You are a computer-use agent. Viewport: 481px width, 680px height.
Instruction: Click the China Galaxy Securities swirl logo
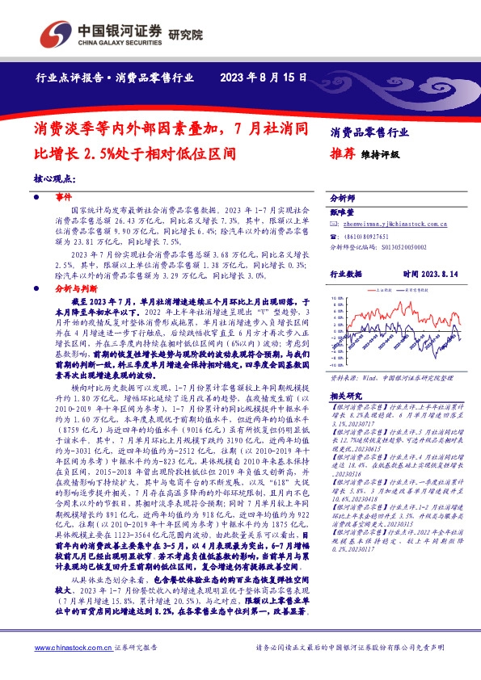point(55,34)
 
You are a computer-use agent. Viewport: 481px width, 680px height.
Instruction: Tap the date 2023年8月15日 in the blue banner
point(263,78)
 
